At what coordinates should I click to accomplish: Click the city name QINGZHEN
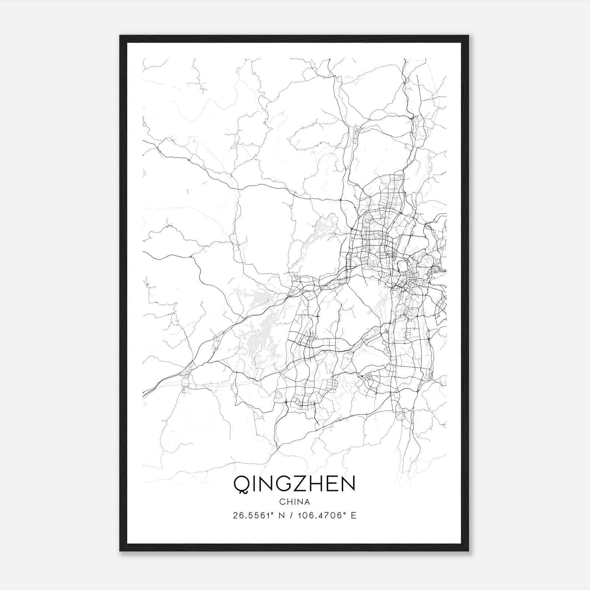[x=294, y=484]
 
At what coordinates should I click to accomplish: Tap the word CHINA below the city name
[x=294, y=502]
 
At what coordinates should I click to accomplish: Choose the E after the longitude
[x=354, y=516]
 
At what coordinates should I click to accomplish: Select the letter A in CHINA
[x=307, y=502]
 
